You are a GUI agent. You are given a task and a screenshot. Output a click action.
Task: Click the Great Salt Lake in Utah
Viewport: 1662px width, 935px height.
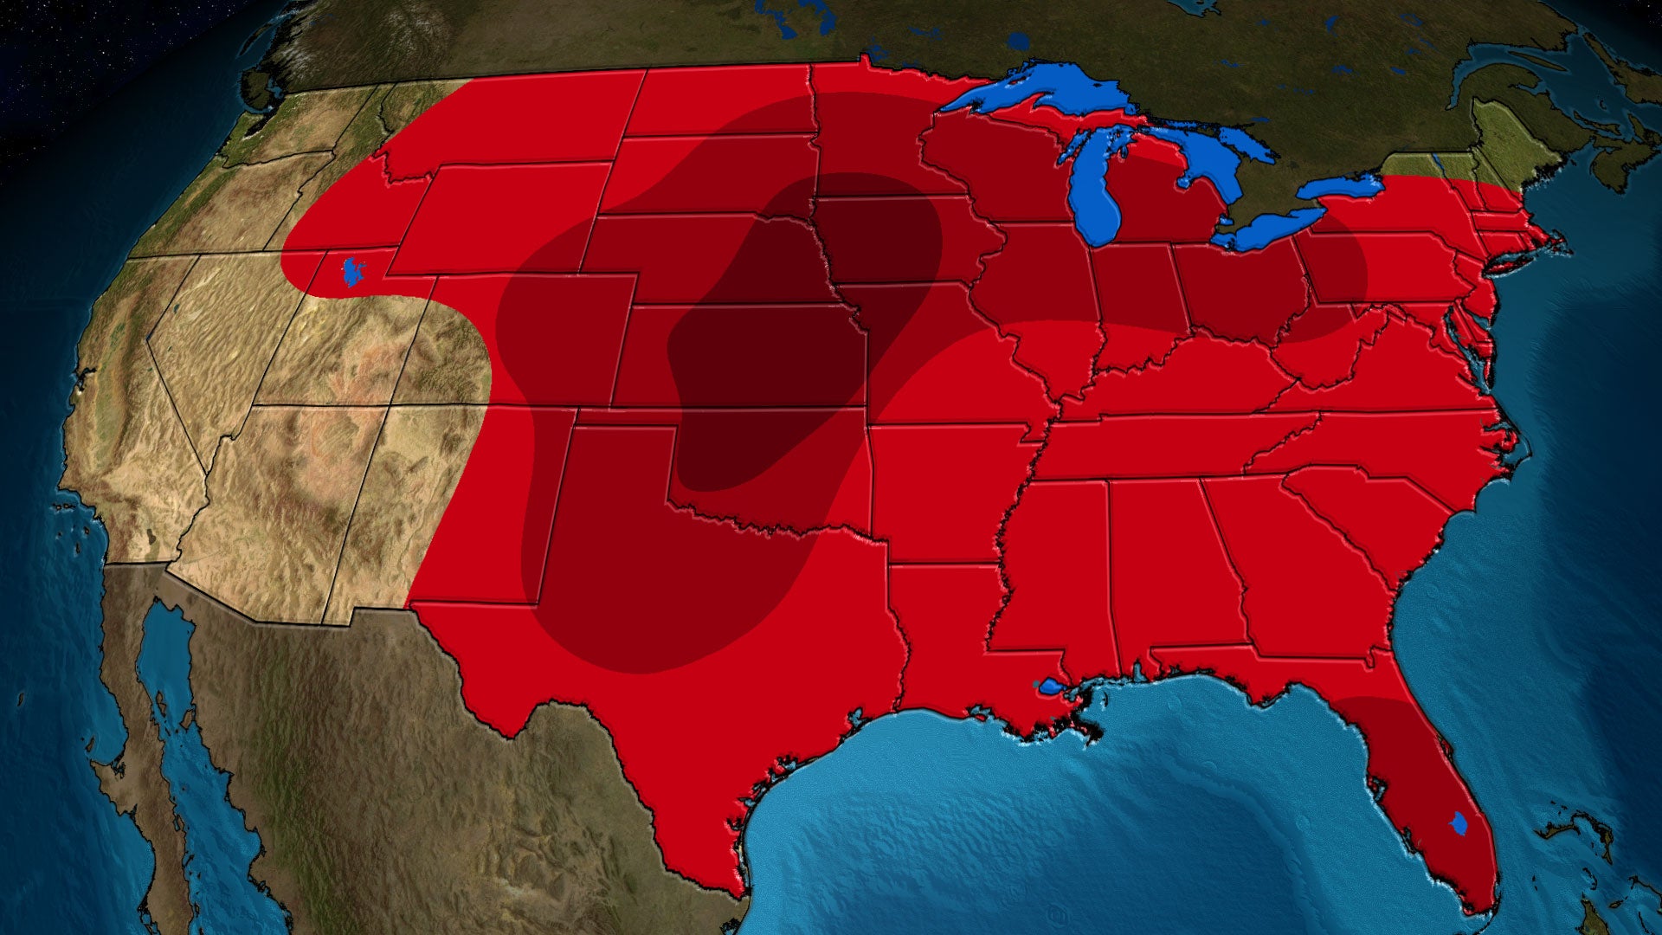(353, 271)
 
